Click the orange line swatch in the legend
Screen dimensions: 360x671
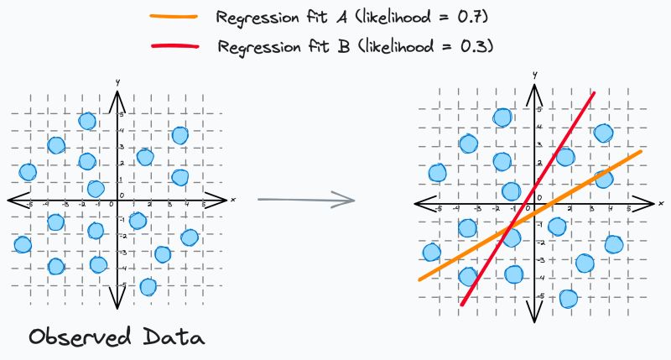pyautogui.click(x=174, y=16)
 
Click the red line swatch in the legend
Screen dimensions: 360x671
pyautogui.click(x=174, y=45)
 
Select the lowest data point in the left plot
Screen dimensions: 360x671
pyautogui.click(x=148, y=286)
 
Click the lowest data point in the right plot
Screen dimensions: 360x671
pyautogui.click(x=569, y=298)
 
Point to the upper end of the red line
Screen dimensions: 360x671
pyautogui.click(x=594, y=93)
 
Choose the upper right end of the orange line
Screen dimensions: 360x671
pyautogui.click(x=641, y=151)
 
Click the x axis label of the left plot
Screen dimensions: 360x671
pyautogui.click(x=232, y=199)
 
